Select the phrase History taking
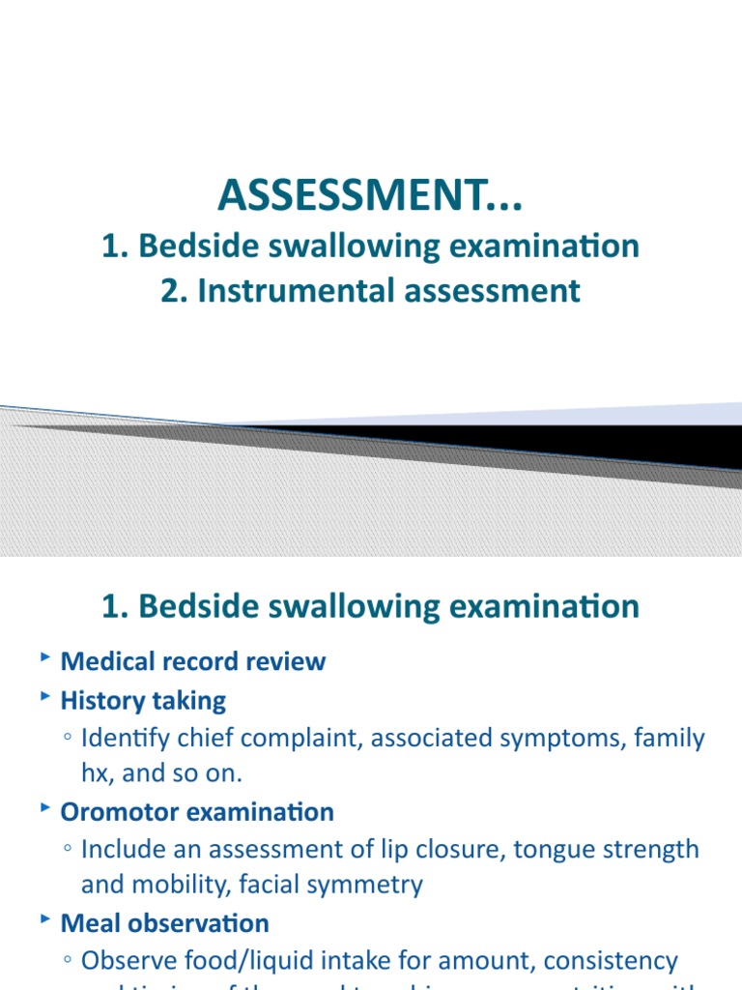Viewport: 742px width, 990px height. (143, 700)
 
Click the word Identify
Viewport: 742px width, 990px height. (122, 739)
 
